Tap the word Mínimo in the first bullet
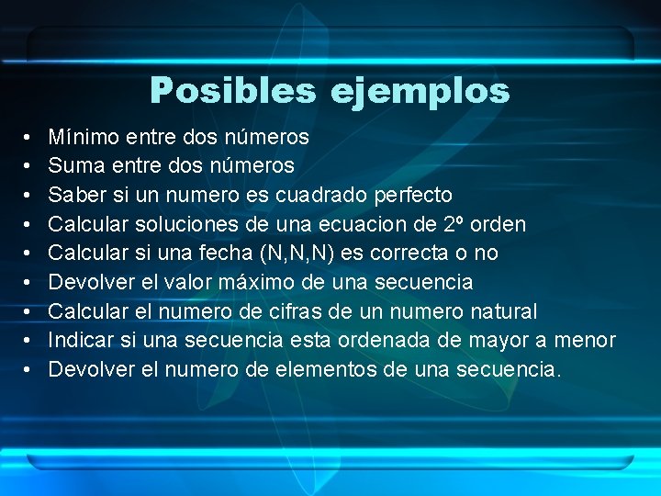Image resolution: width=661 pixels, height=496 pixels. pos(84,138)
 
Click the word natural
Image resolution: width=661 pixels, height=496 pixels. pos(499,310)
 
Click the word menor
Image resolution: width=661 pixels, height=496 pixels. pos(586,340)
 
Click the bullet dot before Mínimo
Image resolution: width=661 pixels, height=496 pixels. pos(29,138)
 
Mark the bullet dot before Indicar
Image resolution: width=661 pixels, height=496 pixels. pos(29,340)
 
